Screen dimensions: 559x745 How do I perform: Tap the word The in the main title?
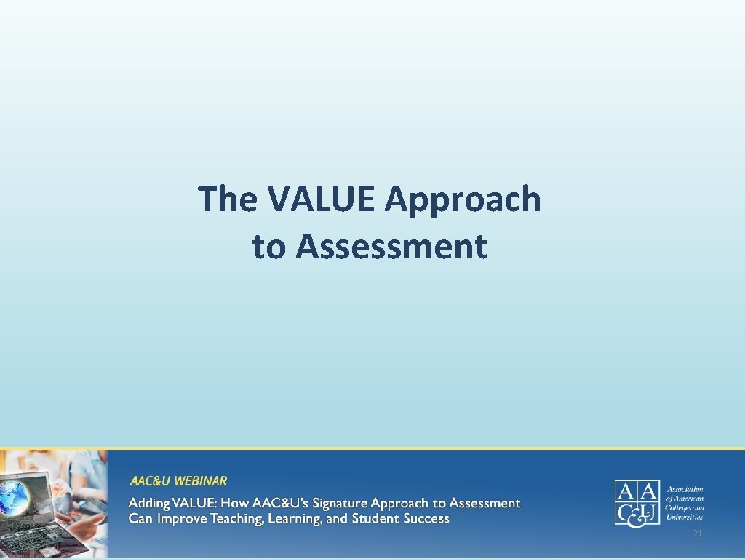(227, 199)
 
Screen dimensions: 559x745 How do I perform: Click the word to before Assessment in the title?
(269, 247)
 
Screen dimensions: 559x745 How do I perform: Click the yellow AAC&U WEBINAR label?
(178, 481)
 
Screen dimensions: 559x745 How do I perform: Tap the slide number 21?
(697, 535)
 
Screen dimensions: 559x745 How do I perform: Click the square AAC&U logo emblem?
(637, 502)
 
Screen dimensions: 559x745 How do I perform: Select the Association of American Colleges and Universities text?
(685, 503)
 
